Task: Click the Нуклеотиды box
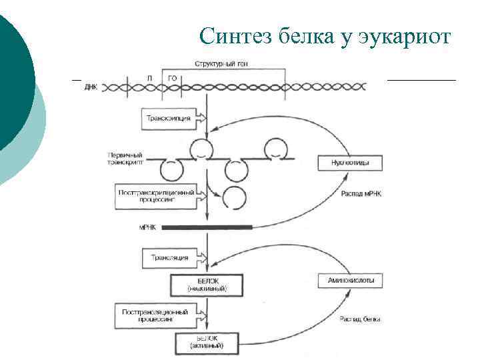[x=347, y=163]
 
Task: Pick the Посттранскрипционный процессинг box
[x=157, y=195]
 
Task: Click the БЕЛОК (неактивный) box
[x=207, y=284]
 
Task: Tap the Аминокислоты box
[x=347, y=281]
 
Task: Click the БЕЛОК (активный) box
[x=207, y=343]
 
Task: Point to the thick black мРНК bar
[x=207, y=227]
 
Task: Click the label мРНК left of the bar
[x=147, y=227]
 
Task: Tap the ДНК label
[x=91, y=87]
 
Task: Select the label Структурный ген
[x=217, y=63]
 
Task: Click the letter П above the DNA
[x=149, y=77]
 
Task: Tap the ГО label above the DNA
[x=172, y=77]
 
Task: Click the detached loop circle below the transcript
[x=233, y=197]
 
